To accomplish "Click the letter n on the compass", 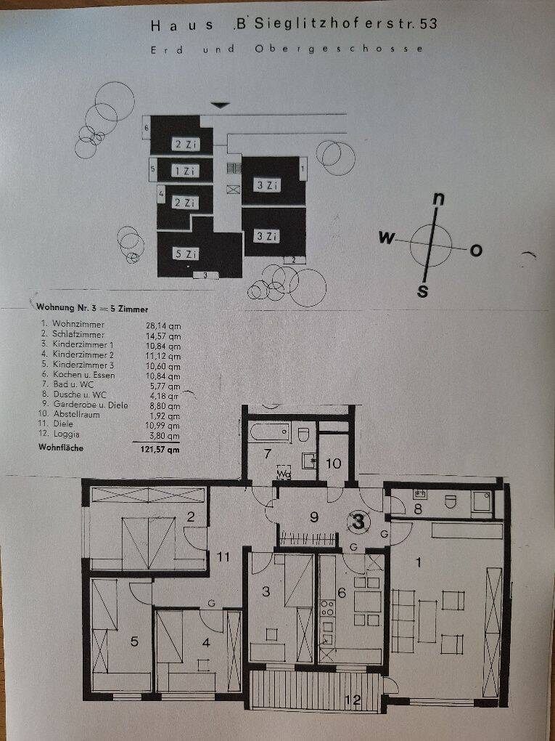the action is tap(438, 200).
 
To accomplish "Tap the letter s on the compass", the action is tap(423, 291).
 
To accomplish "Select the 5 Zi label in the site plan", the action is tap(186, 254).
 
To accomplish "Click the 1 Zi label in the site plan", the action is tap(185, 171).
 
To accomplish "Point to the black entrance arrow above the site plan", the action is tap(220, 105).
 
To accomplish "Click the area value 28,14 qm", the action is tap(163, 326).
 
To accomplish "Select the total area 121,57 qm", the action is tap(160, 450).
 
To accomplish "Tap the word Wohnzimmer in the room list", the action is tap(78, 324).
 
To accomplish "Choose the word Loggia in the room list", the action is tap(67, 434).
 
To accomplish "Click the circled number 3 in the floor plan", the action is tap(358, 522).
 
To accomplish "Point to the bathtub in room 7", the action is tap(269, 433).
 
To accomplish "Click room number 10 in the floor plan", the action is tap(334, 463).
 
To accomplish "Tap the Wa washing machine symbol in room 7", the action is tap(283, 471).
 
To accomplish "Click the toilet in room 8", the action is tap(451, 501).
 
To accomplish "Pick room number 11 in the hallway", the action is tap(223, 556).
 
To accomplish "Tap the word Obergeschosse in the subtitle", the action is tap(339, 49).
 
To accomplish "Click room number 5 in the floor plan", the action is tap(134, 641).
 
